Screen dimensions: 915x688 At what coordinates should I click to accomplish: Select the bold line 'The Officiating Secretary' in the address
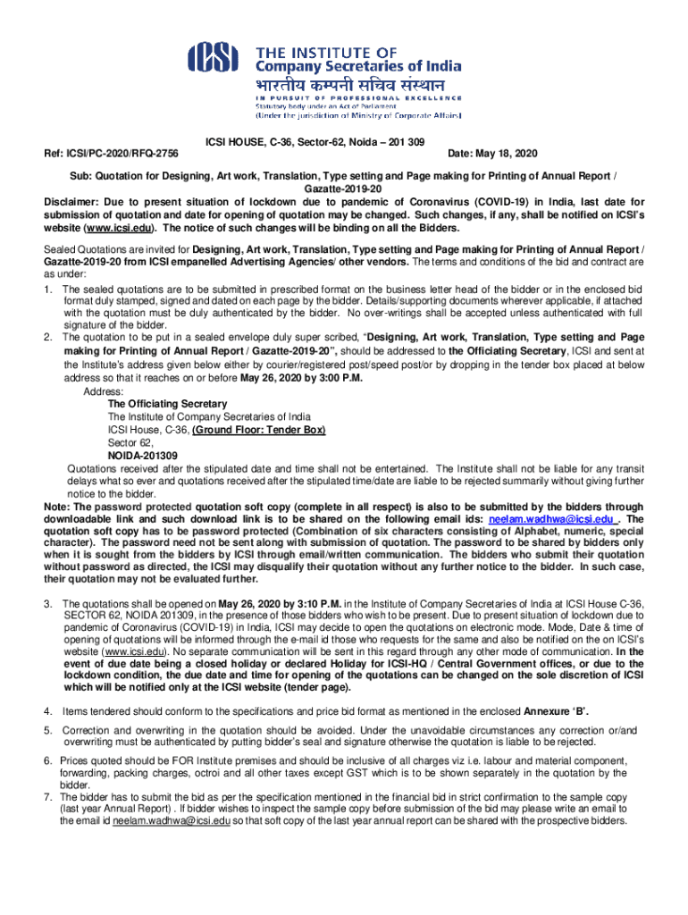[x=167, y=404]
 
